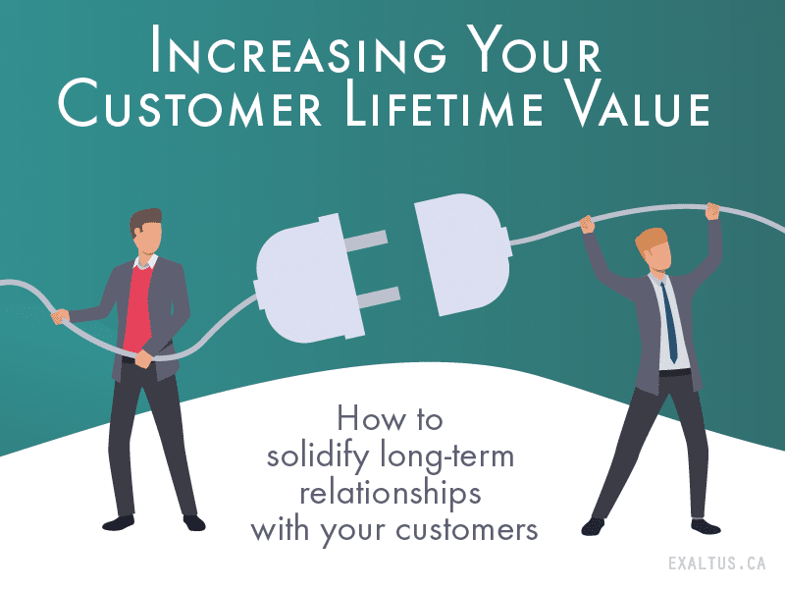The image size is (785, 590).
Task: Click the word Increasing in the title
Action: [x=298, y=49]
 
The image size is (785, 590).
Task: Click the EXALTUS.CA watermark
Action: [x=717, y=563]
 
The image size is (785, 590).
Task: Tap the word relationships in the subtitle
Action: [x=391, y=495]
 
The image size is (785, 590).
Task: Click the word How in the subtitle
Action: [x=367, y=419]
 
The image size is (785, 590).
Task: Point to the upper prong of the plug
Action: [x=370, y=241]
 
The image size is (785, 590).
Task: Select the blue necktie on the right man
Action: [x=668, y=321]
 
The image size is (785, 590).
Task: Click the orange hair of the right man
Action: [x=652, y=241]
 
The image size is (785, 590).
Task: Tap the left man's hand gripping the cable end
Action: [x=60, y=316]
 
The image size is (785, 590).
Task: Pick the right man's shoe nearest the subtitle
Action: [x=594, y=526]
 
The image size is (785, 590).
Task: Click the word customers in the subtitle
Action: [x=467, y=529]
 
